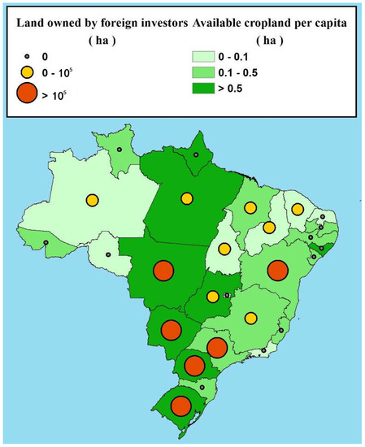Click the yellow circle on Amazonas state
pyautogui.click(x=93, y=200)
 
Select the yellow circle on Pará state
pyautogui.click(x=188, y=197)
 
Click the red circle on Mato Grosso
pyautogui.click(x=164, y=270)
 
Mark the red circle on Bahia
pyautogui.click(x=279, y=270)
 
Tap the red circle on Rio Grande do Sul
pyautogui.click(x=181, y=406)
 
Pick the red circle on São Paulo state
pyautogui.click(x=216, y=347)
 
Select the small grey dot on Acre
pyautogui.click(x=46, y=242)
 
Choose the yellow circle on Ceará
pyautogui.click(x=298, y=210)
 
